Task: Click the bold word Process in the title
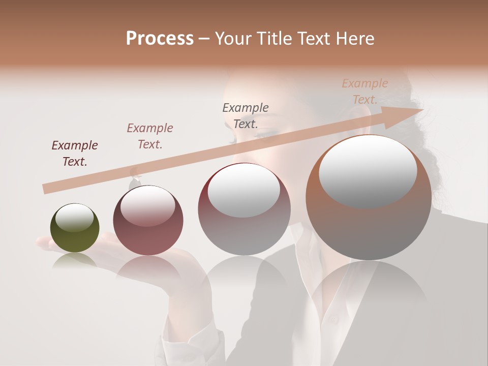click(x=160, y=39)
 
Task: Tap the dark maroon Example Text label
click(x=75, y=154)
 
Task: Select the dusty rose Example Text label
click(x=150, y=136)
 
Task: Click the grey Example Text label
click(x=246, y=115)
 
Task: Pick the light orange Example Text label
click(x=365, y=91)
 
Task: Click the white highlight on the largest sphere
click(x=368, y=170)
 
